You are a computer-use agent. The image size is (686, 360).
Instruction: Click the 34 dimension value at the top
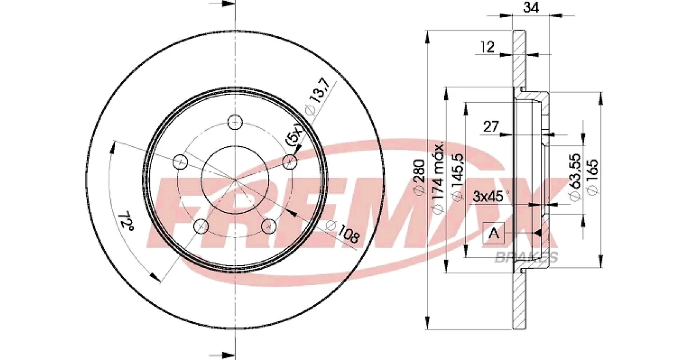tap(531, 7)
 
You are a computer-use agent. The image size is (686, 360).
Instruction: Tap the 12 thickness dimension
tap(487, 47)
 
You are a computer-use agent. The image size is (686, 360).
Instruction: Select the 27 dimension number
tap(491, 126)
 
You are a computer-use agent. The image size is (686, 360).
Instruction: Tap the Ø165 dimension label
tap(592, 178)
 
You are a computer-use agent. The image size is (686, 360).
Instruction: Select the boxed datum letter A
tap(493, 234)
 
